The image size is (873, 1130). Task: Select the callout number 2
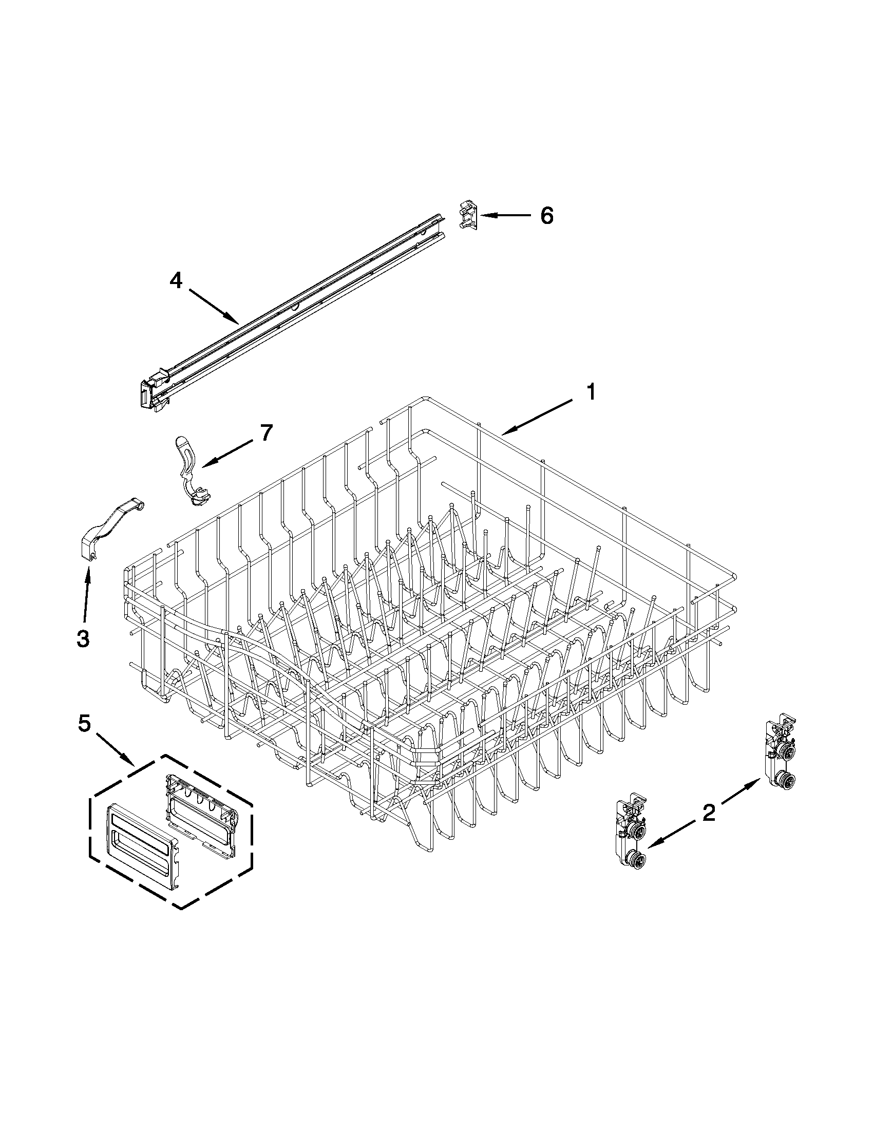(x=709, y=813)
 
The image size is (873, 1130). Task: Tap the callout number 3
(x=83, y=638)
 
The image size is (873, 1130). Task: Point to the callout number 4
(x=176, y=280)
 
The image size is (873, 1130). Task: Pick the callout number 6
(x=547, y=215)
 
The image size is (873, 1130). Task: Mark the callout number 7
(x=266, y=432)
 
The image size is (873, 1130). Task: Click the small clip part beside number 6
(x=468, y=215)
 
